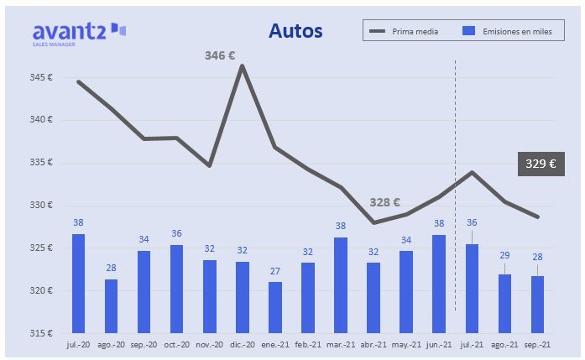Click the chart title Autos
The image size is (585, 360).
click(295, 31)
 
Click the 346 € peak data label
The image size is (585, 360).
click(220, 55)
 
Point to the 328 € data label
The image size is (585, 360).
click(384, 202)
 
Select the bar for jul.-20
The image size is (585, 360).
click(78, 283)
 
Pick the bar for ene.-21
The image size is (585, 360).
click(275, 307)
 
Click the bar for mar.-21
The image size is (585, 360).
click(341, 284)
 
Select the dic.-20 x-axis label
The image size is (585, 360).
click(242, 344)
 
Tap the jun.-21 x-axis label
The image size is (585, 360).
click(439, 344)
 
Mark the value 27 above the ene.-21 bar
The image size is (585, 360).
click(275, 271)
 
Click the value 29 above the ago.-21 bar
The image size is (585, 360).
click(505, 254)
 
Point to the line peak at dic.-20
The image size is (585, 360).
click(242, 65)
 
